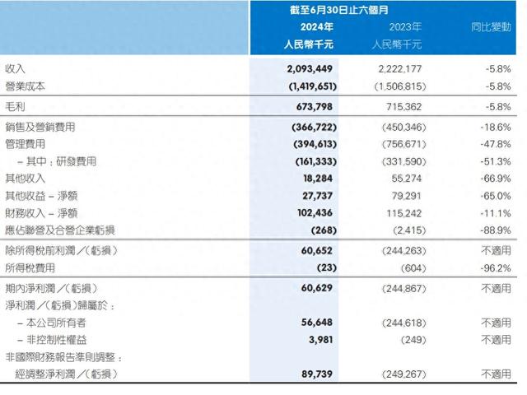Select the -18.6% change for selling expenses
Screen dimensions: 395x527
coord(492,128)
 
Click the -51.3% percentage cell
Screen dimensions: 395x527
coord(492,160)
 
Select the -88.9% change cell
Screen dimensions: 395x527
coord(492,228)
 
